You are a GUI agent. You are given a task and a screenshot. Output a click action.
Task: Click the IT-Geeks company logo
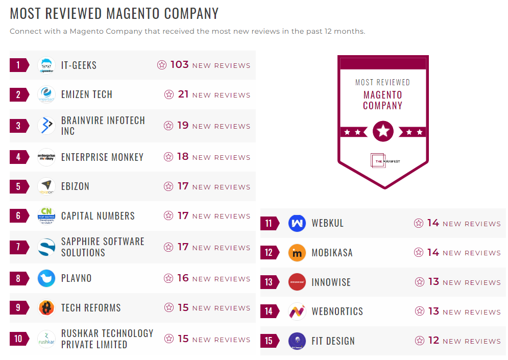[x=46, y=65]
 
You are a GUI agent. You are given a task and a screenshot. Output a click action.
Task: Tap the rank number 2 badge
[x=18, y=94]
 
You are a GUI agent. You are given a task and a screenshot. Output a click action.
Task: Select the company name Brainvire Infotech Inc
[x=103, y=126]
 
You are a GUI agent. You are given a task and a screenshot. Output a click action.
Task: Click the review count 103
[x=180, y=65]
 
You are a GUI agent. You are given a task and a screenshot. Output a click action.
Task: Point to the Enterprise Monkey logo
[x=46, y=157]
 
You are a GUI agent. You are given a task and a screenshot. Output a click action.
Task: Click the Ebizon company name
[x=75, y=186]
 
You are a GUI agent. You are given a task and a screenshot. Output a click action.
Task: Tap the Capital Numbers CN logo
[x=46, y=216]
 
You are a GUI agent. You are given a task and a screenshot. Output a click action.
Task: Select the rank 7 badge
[x=18, y=247]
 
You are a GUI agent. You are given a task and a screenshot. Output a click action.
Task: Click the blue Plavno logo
[x=46, y=278]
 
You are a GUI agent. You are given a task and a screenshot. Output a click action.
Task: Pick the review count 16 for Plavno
[x=183, y=278]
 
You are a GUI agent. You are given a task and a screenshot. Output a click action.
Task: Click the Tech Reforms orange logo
[x=46, y=308]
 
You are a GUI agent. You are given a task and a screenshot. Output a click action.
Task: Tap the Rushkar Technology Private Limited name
[x=107, y=339]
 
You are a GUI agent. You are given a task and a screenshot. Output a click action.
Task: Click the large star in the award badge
[x=383, y=132]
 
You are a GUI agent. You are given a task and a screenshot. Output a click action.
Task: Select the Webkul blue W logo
[x=297, y=223]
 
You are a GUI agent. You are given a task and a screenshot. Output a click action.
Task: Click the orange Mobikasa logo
[x=297, y=253]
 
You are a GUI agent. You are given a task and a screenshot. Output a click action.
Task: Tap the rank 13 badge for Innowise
[x=269, y=282]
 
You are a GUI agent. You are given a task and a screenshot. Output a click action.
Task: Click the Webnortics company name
[x=337, y=311]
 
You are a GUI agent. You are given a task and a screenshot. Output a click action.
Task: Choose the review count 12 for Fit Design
[x=433, y=341]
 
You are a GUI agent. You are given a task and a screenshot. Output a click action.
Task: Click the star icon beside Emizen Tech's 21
[x=169, y=94]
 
